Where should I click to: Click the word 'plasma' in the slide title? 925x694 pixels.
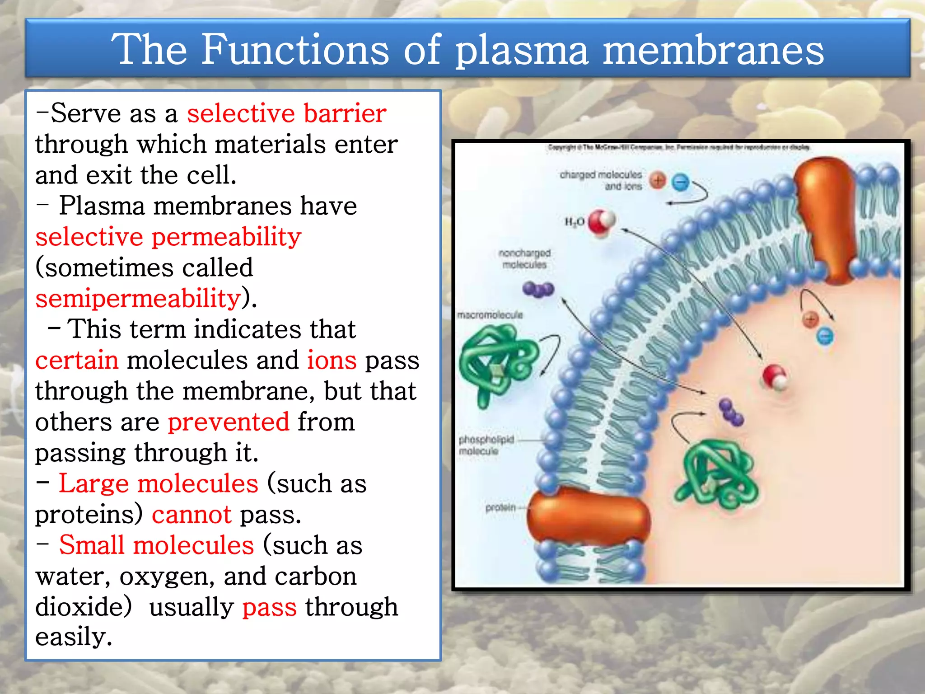[522, 51]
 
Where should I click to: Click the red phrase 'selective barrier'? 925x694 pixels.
[286, 113]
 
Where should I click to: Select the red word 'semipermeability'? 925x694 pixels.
[138, 299]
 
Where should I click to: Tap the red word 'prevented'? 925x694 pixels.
[229, 422]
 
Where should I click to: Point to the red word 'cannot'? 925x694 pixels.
[192, 515]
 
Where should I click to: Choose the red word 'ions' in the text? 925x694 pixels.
[332, 361]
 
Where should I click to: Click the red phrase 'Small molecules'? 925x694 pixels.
[156, 545]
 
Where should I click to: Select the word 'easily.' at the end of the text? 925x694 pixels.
[74, 638]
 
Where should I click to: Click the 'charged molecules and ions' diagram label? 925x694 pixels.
[601, 180]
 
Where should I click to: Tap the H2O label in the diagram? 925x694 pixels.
[575, 222]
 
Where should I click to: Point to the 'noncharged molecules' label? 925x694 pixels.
[524, 258]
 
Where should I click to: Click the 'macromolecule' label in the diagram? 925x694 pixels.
[490, 314]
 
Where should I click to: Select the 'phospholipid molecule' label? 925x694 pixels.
[486, 445]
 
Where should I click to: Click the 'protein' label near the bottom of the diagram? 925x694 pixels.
[500, 508]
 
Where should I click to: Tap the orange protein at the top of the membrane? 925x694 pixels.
[826, 217]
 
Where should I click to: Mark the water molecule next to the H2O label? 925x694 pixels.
[601, 221]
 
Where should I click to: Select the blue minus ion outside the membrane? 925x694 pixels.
[680, 183]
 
